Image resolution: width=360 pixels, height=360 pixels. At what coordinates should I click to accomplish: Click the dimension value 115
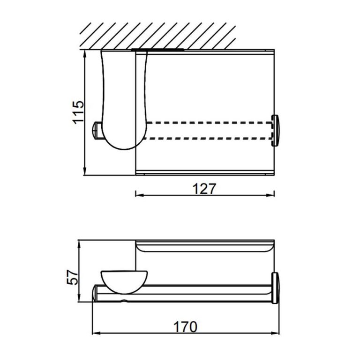[78, 112]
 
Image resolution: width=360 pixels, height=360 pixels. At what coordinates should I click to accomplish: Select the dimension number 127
[205, 188]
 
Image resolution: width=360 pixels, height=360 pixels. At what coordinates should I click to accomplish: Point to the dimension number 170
[185, 326]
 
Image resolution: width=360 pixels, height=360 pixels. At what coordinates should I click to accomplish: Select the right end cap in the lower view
[277, 287]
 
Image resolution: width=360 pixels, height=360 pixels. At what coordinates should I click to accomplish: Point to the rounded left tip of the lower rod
[96, 293]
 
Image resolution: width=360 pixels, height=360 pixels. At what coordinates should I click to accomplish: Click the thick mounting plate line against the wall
[158, 49]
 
